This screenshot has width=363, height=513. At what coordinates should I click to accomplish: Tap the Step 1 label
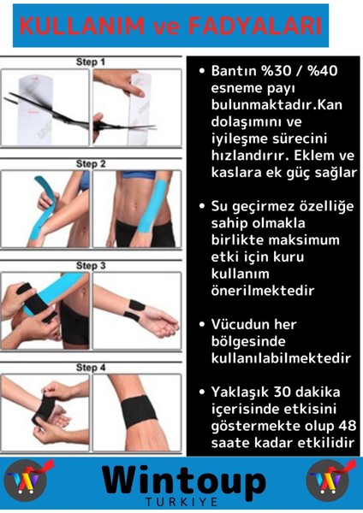coord(91,62)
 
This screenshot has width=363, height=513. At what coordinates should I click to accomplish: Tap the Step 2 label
coord(91,163)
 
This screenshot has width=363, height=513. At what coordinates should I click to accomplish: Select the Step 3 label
coord(91,266)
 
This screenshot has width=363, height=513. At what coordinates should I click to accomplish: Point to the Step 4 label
coord(91,369)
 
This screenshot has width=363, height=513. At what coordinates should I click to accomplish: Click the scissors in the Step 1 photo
coord(43,111)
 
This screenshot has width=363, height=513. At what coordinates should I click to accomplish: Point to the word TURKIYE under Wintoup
coord(181,502)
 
